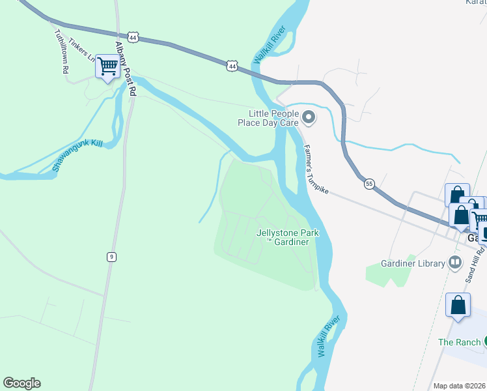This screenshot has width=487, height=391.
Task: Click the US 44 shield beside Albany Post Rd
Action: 133,38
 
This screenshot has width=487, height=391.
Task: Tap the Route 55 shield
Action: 369,184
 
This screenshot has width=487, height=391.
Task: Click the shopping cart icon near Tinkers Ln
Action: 107,65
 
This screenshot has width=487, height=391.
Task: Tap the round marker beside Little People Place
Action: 309,118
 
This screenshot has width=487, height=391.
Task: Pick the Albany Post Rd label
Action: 124,69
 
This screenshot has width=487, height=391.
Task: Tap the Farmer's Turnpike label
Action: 317,169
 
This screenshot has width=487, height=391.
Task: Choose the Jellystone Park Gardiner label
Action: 281,237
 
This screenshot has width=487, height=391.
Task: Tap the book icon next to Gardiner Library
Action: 455,263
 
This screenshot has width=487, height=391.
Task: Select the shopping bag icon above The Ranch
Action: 458,305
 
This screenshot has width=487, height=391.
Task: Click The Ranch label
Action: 459,342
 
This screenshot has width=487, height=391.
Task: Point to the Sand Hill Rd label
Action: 475,264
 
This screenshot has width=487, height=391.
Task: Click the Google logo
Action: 21,383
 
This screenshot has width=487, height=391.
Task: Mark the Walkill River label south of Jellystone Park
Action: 329,336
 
